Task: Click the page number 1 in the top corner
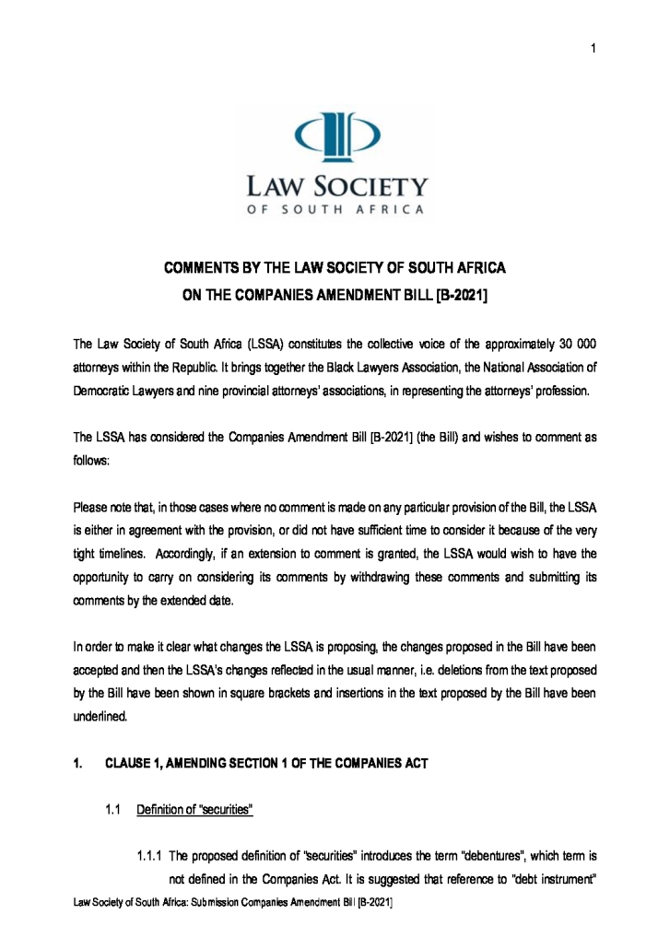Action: (594, 49)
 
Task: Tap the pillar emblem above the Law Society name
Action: (335, 134)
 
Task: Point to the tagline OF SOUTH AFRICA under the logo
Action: (335, 209)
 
